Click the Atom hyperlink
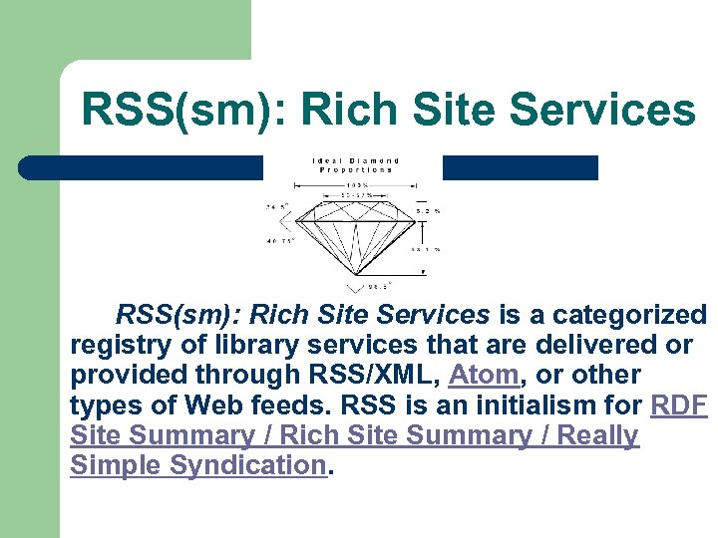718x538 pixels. click(485, 376)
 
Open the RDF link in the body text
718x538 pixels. click(678, 405)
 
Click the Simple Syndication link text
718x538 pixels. click(198, 465)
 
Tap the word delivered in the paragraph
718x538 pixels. click(590, 346)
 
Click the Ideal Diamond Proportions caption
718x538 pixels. click(356, 165)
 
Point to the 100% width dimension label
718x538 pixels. click(355, 186)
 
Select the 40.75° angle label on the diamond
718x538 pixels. click(277, 240)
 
